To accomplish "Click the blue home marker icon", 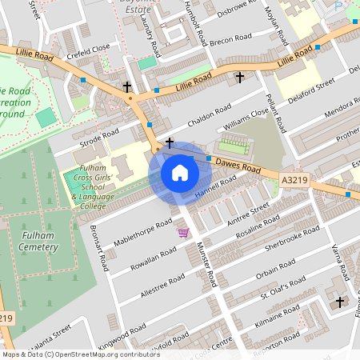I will (x=179, y=173).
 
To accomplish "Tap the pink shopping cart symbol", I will (x=183, y=233).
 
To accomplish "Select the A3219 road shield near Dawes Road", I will (x=293, y=183).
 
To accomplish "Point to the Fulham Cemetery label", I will (x=30, y=239).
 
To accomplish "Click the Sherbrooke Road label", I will (x=292, y=238).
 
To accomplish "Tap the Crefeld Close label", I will (x=90, y=49).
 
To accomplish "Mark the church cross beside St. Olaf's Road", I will (x=341, y=302).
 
